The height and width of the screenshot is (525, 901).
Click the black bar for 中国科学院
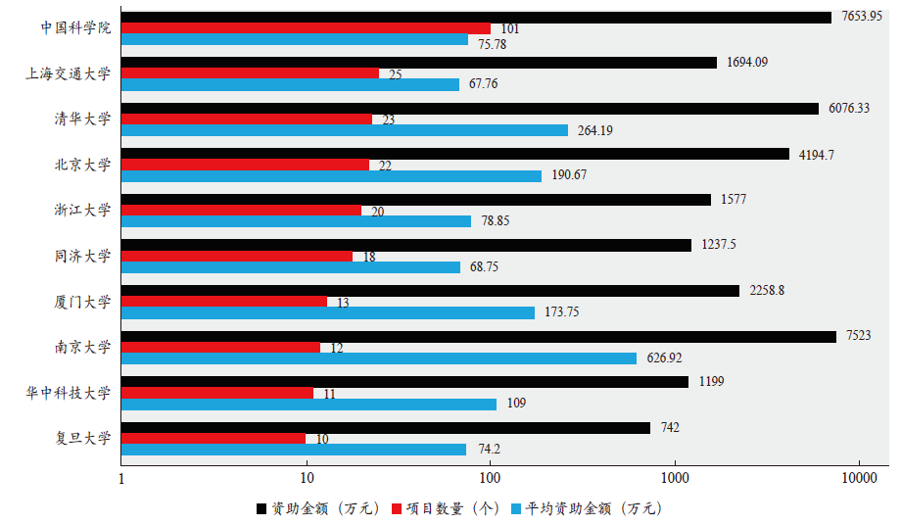coord(475,18)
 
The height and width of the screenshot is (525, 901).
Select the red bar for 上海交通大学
coord(250,73)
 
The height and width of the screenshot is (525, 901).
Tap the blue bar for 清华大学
coord(344,130)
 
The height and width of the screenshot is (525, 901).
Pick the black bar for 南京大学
coord(478,336)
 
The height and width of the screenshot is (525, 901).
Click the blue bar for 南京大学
coord(378,358)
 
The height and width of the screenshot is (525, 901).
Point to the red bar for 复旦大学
coord(213,439)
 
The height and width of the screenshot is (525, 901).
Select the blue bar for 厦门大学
coord(327,312)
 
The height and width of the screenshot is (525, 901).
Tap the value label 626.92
coord(664,358)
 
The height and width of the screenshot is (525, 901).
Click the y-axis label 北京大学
coord(83,165)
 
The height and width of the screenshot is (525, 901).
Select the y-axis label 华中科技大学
coord(69,393)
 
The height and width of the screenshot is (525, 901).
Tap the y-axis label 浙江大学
coord(83,210)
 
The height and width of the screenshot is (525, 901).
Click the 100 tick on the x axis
coord(490,477)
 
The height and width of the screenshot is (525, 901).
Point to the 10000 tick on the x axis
coord(859,477)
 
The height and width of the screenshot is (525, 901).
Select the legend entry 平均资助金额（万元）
coord(585,508)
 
